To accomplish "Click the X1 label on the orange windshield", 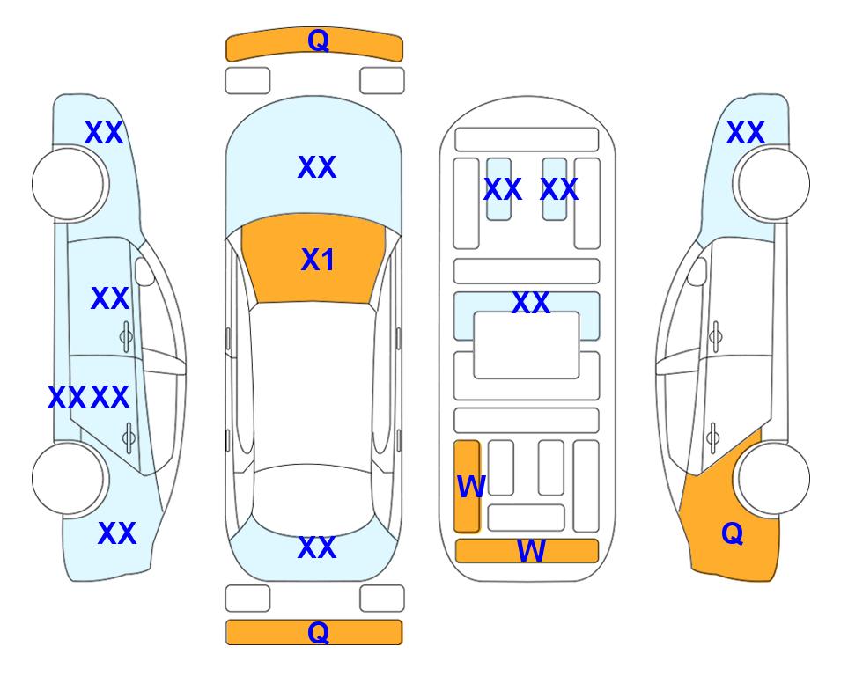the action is click(318, 260).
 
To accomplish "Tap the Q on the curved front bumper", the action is click(318, 40).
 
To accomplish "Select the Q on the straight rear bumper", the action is click(318, 632).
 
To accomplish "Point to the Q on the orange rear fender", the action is click(733, 533).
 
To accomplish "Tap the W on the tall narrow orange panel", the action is click(471, 487).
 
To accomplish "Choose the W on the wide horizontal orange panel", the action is click(531, 551).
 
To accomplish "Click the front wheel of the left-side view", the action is click(68, 184).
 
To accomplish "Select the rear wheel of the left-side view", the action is click(68, 478).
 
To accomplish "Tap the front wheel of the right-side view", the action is click(774, 184).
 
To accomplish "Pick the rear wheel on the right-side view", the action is click(774, 478).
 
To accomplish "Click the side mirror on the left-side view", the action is click(144, 271).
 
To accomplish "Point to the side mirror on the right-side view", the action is click(697, 271).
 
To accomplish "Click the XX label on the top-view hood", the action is click(317, 167).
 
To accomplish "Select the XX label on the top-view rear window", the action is click(317, 547).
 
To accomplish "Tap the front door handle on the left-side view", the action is click(126, 337).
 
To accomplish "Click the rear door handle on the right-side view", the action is click(713, 437).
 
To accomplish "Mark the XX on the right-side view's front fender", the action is click(746, 133).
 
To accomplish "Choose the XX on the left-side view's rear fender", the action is click(117, 533).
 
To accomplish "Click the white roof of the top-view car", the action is click(313, 385).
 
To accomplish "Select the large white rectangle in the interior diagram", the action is click(527, 345).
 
